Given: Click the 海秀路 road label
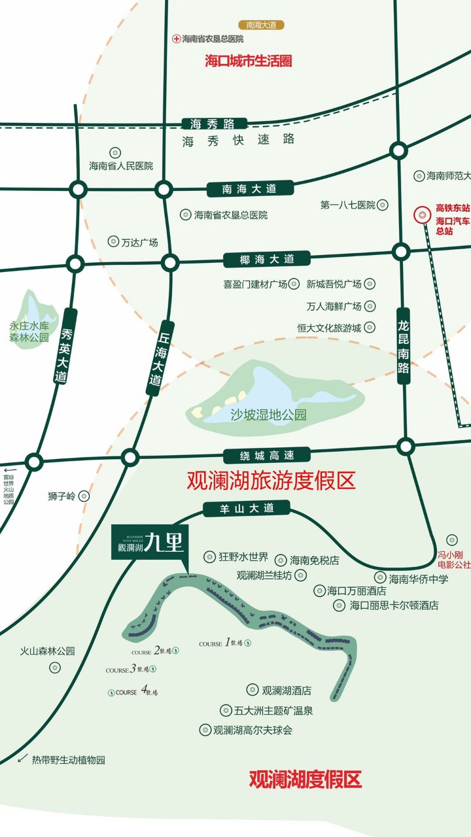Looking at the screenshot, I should coord(214,124).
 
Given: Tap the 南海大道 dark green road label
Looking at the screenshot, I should coord(249,189).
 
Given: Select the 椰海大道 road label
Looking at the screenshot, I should coord(267,259).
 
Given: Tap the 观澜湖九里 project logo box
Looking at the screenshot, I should coord(150,543).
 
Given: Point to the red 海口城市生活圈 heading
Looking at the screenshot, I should coord(248,61).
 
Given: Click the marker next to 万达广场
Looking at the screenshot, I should coord(113,242).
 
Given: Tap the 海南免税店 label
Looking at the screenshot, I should coord(315,560).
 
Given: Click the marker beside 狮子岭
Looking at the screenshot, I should coord(84,496).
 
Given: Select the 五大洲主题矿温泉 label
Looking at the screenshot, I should coord(273,710).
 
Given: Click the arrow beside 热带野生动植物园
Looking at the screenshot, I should coord(23,759).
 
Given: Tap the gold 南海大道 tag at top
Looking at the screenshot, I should coord(261,25).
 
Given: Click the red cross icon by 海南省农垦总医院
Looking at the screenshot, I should coord(176,39).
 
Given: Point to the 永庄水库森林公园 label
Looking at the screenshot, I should coord(29,332).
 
